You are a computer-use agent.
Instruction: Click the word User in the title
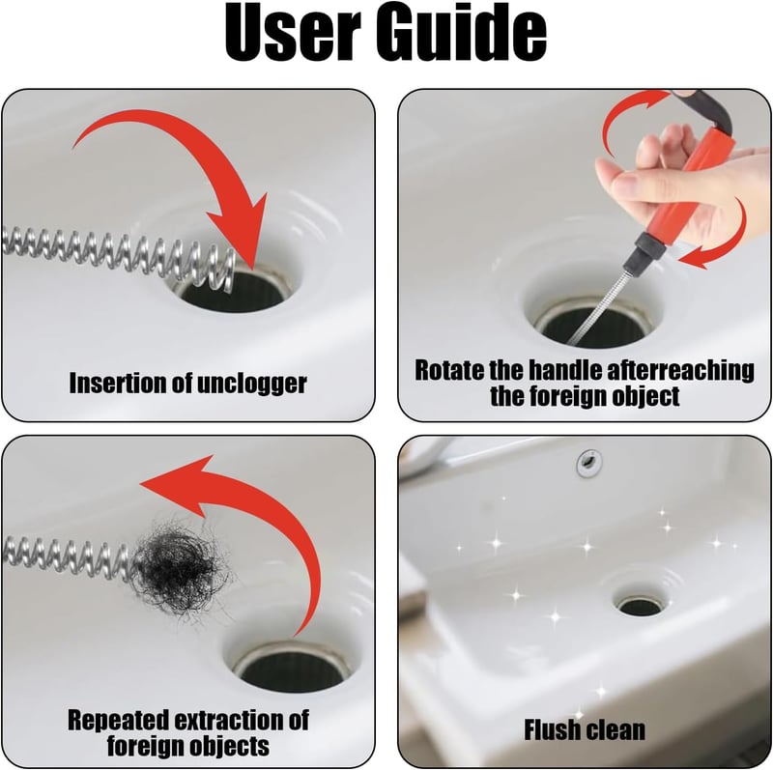[x=290, y=35]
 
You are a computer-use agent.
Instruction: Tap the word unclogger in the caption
[x=251, y=385]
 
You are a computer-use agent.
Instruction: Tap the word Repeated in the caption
[x=118, y=721]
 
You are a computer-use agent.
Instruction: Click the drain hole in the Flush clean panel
[x=641, y=606]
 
